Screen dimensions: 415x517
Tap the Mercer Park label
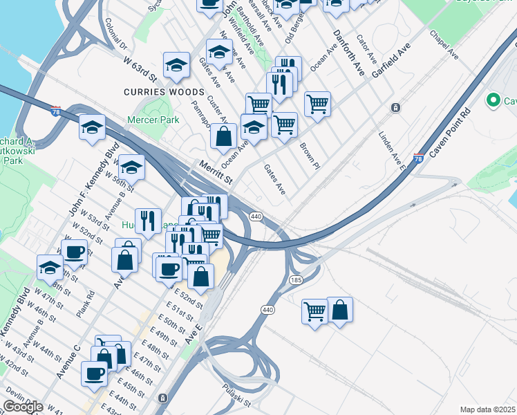[153, 120]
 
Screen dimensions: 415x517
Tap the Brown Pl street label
[310, 156]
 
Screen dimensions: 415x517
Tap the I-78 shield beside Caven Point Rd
[417, 158]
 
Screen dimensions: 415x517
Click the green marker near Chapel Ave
[493, 101]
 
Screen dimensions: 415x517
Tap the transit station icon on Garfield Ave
[395, 107]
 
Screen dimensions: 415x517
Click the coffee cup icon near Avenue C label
[94, 373]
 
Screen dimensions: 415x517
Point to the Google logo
[23, 407]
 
